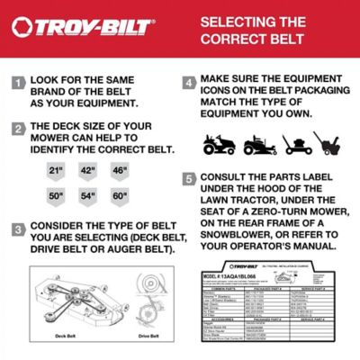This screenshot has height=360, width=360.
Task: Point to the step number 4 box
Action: point(189,84)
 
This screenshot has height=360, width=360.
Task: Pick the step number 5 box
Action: point(189,178)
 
